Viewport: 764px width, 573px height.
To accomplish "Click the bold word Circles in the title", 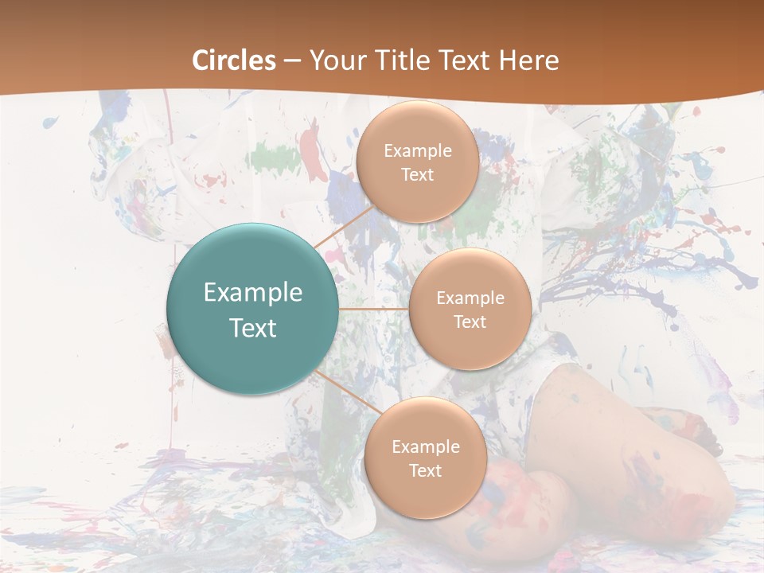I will (x=234, y=60).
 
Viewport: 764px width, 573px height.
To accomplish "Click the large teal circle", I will (x=251, y=309).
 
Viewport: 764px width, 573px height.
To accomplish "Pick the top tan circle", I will (x=417, y=162).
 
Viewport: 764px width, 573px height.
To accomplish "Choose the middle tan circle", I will (x=470, y=309).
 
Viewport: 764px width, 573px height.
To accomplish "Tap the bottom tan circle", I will (x=425, y=458).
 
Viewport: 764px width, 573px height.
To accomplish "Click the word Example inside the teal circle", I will (x=253, y=292).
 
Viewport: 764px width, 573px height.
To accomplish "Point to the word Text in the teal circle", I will (x=253, y=328).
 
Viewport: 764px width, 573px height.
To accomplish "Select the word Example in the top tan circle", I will (x=418, y=151).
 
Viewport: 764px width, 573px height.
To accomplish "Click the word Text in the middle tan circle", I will (x=470, y=322).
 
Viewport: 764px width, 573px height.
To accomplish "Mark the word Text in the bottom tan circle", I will (x=425, y=470).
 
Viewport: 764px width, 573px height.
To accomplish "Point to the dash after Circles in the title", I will (x=292, y=61).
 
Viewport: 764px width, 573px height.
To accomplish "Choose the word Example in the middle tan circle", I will (x=470, y=298).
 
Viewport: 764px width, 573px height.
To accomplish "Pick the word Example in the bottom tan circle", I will (x=425, y=447).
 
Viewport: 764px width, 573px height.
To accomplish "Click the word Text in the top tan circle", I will (x=417, y=174).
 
